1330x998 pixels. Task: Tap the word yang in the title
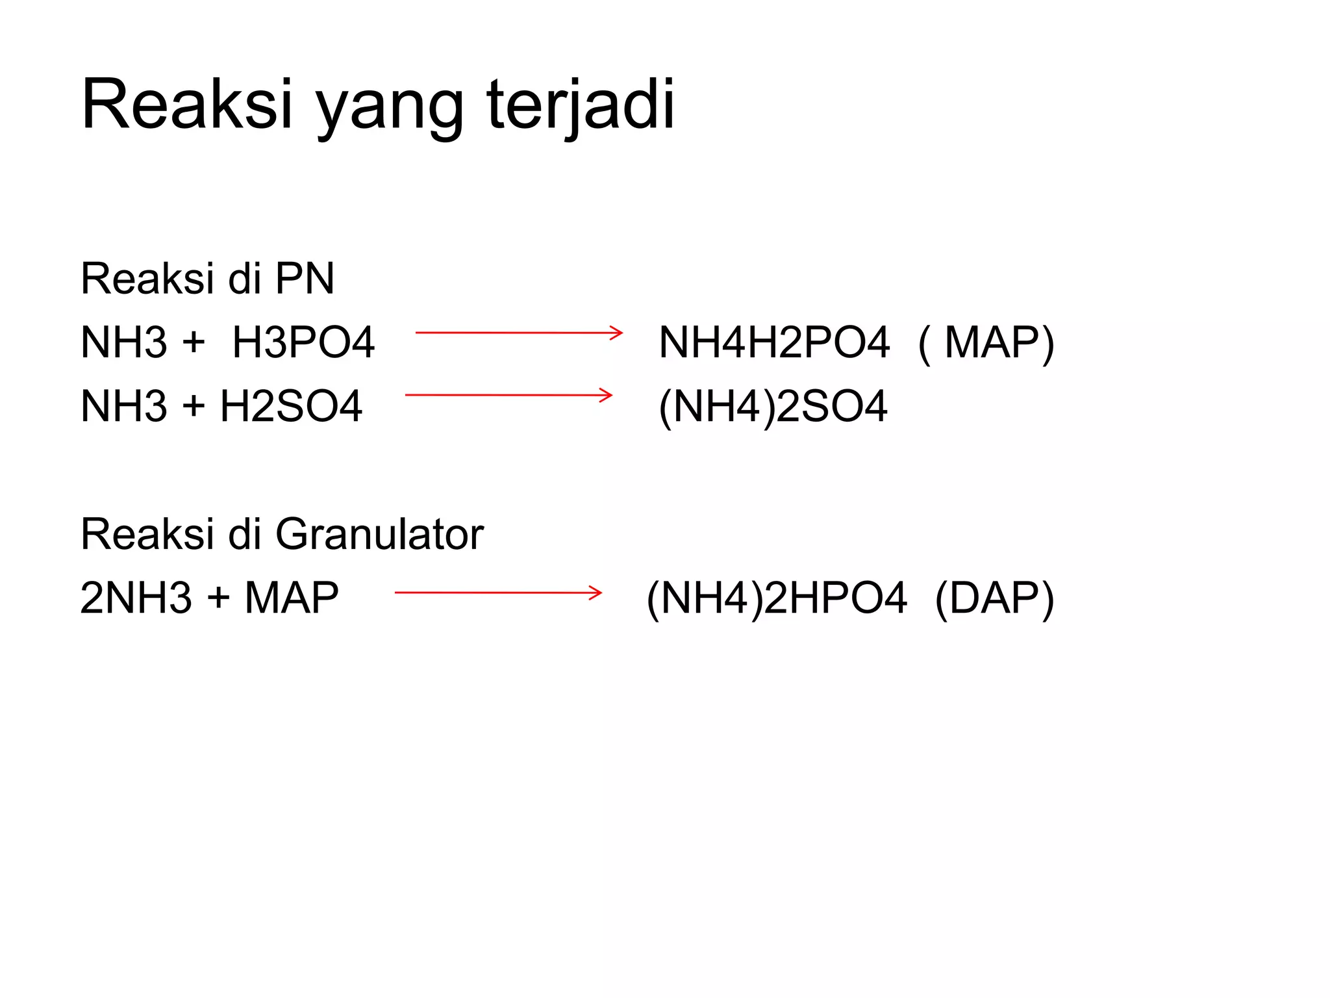(390, 107)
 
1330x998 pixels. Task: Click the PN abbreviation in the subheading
(305, 279)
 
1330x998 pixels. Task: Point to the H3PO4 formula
(303, 342)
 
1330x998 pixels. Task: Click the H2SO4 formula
(291, 406)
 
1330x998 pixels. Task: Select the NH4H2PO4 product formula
(773, 342)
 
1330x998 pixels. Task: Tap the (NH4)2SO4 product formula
(773, 407)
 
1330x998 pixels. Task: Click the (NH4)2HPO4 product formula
(777, 598)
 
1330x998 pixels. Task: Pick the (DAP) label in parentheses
(994, 598)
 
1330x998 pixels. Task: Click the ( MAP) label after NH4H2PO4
(986, 342)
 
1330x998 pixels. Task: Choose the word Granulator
(379, 534)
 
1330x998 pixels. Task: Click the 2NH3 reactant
(136, 598)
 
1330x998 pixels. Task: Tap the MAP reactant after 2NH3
(292, 598)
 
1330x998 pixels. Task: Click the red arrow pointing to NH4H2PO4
(519, 333)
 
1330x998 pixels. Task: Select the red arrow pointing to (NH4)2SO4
(508, 395)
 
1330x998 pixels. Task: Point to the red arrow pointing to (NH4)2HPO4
(498, 593)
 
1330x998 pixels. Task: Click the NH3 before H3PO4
(124, 342)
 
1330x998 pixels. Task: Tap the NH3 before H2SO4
(124, 406)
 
